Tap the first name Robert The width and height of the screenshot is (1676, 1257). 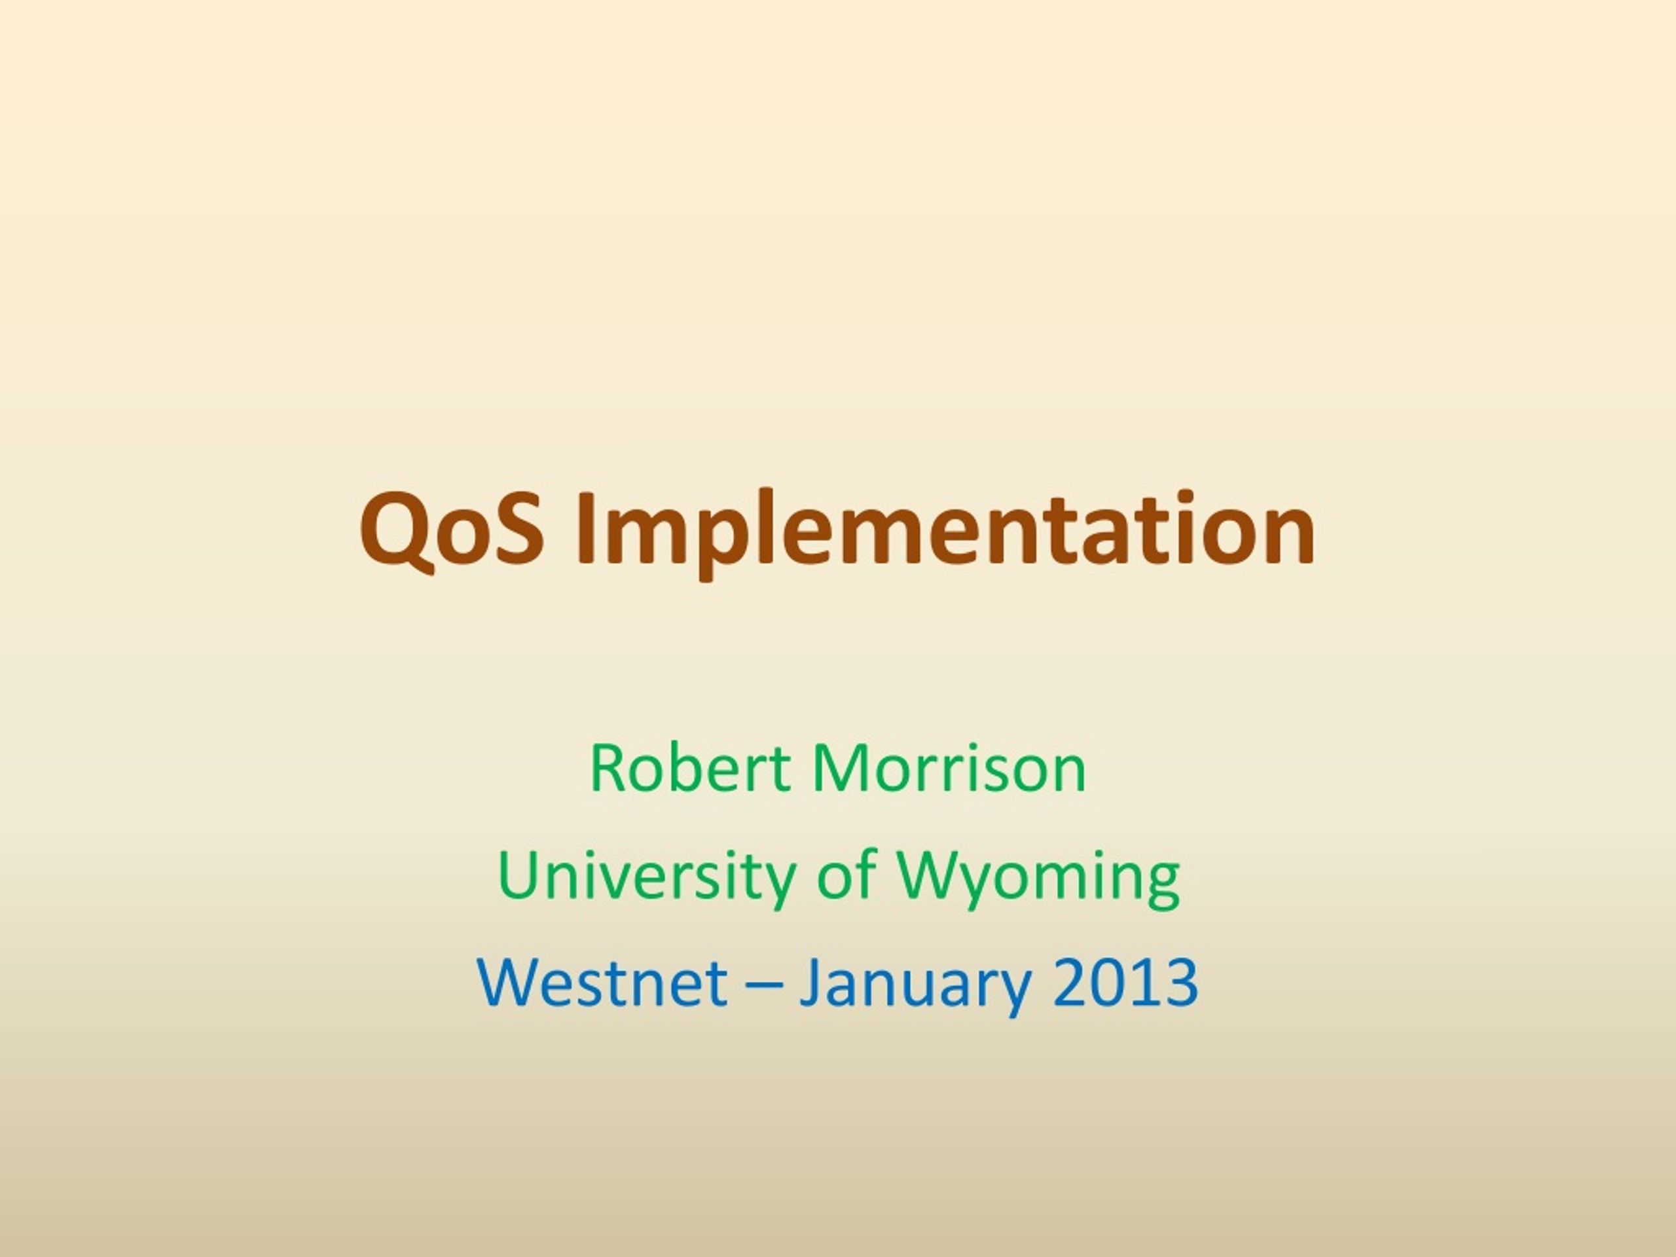click(690, 769)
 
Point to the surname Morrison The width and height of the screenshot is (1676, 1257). click(949, 769)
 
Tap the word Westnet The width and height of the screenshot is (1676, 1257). click(603, 982)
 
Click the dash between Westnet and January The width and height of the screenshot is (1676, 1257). click(764, 985)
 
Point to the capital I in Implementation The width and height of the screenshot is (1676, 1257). click(585, 528)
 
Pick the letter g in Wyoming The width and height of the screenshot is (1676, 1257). click(1160, 886)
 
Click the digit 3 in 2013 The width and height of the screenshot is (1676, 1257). click(1182, 981)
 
